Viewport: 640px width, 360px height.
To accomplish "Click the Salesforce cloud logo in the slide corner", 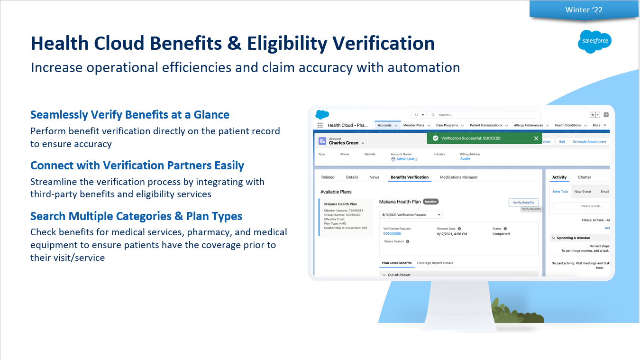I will [x=594, y=42].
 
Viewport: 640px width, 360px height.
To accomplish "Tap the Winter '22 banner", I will [x=584, y=10].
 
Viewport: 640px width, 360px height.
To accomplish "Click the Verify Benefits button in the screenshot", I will [x=523, y=202].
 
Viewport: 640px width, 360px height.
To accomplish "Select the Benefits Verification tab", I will [x=409, y=177].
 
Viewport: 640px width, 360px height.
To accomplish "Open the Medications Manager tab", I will [x=458, y=177].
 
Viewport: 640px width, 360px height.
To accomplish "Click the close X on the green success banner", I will [x=536, y=138].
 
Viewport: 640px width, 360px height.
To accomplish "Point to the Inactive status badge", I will [x=430, y=202].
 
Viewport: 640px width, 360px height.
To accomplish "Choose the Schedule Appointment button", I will [x=589, y=141].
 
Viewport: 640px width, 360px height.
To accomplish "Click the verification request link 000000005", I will [x=392, y=234].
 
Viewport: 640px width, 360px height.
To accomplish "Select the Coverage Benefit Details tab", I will [x=435, y=263].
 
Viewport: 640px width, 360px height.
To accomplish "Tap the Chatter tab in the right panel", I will [x=584, y=177].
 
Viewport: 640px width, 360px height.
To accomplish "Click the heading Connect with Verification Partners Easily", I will [x=137, y=166].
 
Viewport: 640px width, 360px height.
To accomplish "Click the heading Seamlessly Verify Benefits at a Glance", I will [x=129, y=115].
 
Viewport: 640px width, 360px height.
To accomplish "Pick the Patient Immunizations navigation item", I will [x=485, y=125].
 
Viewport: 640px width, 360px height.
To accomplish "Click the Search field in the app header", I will [x=484, y=115].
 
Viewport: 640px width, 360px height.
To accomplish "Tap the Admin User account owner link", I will [x=405, y=159].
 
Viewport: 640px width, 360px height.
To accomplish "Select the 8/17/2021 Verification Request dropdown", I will [x=411, y=215].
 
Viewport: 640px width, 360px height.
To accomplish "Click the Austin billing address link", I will [x=465, y=159].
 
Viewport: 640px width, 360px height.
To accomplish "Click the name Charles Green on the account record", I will [x=343, y=143].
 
